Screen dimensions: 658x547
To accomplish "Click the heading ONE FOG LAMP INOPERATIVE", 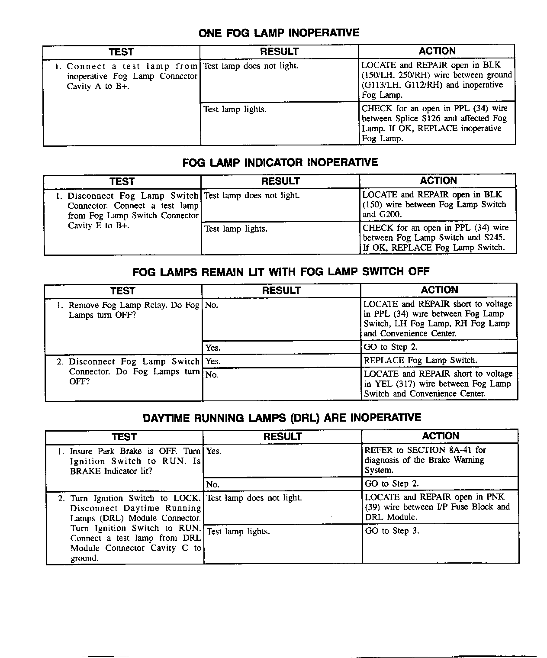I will click(279, 33).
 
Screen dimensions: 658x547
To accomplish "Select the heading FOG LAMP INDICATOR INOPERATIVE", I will click(280, 163).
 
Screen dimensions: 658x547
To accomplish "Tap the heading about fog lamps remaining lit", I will click(281, 272).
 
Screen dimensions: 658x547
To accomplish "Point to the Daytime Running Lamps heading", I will click(282, 418).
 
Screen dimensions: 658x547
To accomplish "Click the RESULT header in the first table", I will click(279, 52).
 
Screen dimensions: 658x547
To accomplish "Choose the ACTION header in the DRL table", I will click(441, 436).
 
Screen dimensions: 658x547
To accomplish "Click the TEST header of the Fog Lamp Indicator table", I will click(122, 181).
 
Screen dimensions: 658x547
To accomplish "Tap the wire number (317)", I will click(404, 384).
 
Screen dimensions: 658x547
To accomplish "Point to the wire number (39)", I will click(373, 507).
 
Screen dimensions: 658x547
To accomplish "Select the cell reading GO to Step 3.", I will click(392, 531).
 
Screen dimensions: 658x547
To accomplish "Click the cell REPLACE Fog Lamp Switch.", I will click(420, 361).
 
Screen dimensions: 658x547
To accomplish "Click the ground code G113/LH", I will click(381, 85).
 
